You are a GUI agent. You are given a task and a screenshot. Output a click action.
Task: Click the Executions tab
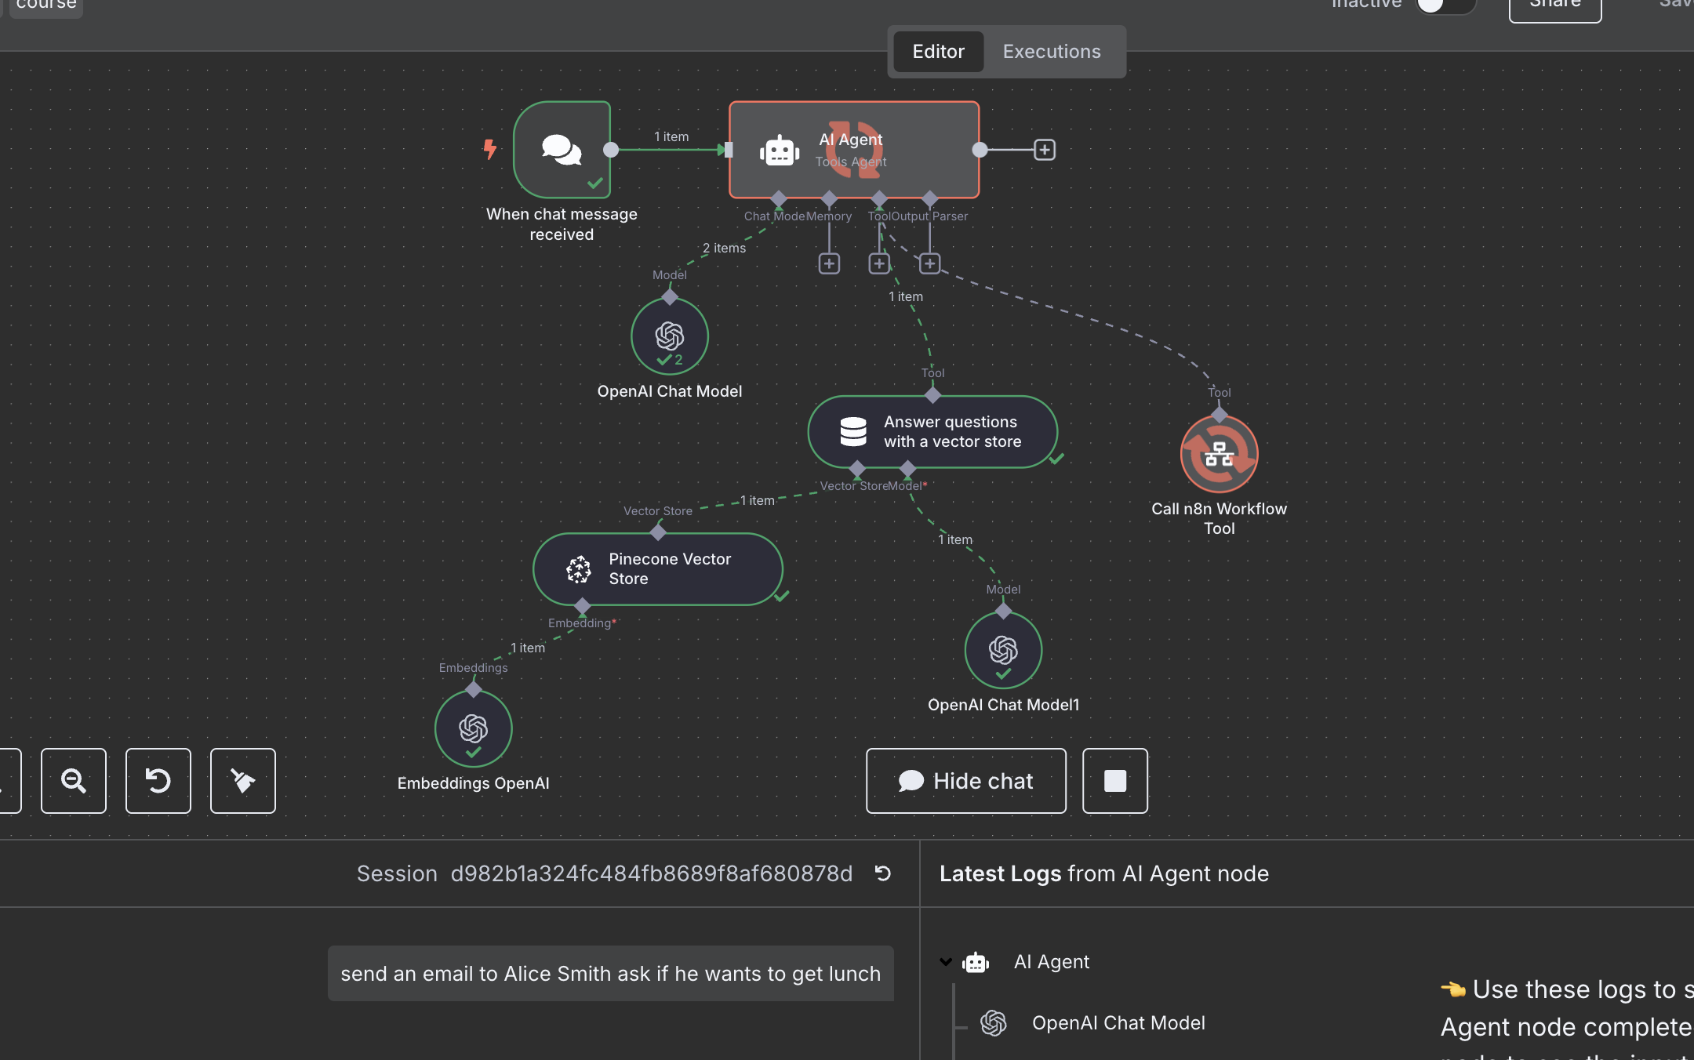(x=1051, y=52)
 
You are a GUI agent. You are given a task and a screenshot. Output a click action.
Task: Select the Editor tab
(x=938, y=52)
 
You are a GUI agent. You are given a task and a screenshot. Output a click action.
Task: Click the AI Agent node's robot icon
(x=779, y=151)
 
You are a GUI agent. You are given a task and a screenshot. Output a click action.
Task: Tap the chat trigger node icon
(x=562, y=149)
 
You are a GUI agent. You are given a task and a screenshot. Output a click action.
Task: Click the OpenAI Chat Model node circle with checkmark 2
(x=670, y=336)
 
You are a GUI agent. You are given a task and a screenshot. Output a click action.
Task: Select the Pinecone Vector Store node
(x=657, y=569)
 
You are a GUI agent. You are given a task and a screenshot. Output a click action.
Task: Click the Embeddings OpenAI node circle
(x=474, y=728)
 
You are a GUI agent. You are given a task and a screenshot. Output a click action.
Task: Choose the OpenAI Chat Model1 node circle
(x=1003, y=650)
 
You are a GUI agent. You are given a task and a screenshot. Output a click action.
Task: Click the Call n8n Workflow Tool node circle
(x=1219, y=454)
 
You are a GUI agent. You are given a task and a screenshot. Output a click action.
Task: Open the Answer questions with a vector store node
(x=932, y=432)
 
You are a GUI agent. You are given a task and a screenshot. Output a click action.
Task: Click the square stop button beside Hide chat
(x=1114, y=781)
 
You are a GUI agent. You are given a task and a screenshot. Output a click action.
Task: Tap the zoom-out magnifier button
(x=74, y=781)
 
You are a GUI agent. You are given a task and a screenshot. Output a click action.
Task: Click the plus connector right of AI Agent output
(x=1044, y=150)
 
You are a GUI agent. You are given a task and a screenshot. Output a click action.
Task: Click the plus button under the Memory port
(x=829, y=263)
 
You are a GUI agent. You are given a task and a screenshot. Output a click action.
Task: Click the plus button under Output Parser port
(x=929, y=263)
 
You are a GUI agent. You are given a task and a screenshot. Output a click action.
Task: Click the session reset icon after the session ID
(x=883, y=873)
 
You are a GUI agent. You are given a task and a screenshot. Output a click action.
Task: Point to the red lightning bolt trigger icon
(x=490, y=148)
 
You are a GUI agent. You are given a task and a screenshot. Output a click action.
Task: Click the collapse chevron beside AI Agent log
(x=946, y=962)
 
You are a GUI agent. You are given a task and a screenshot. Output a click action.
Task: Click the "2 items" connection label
(x=724, y=248)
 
